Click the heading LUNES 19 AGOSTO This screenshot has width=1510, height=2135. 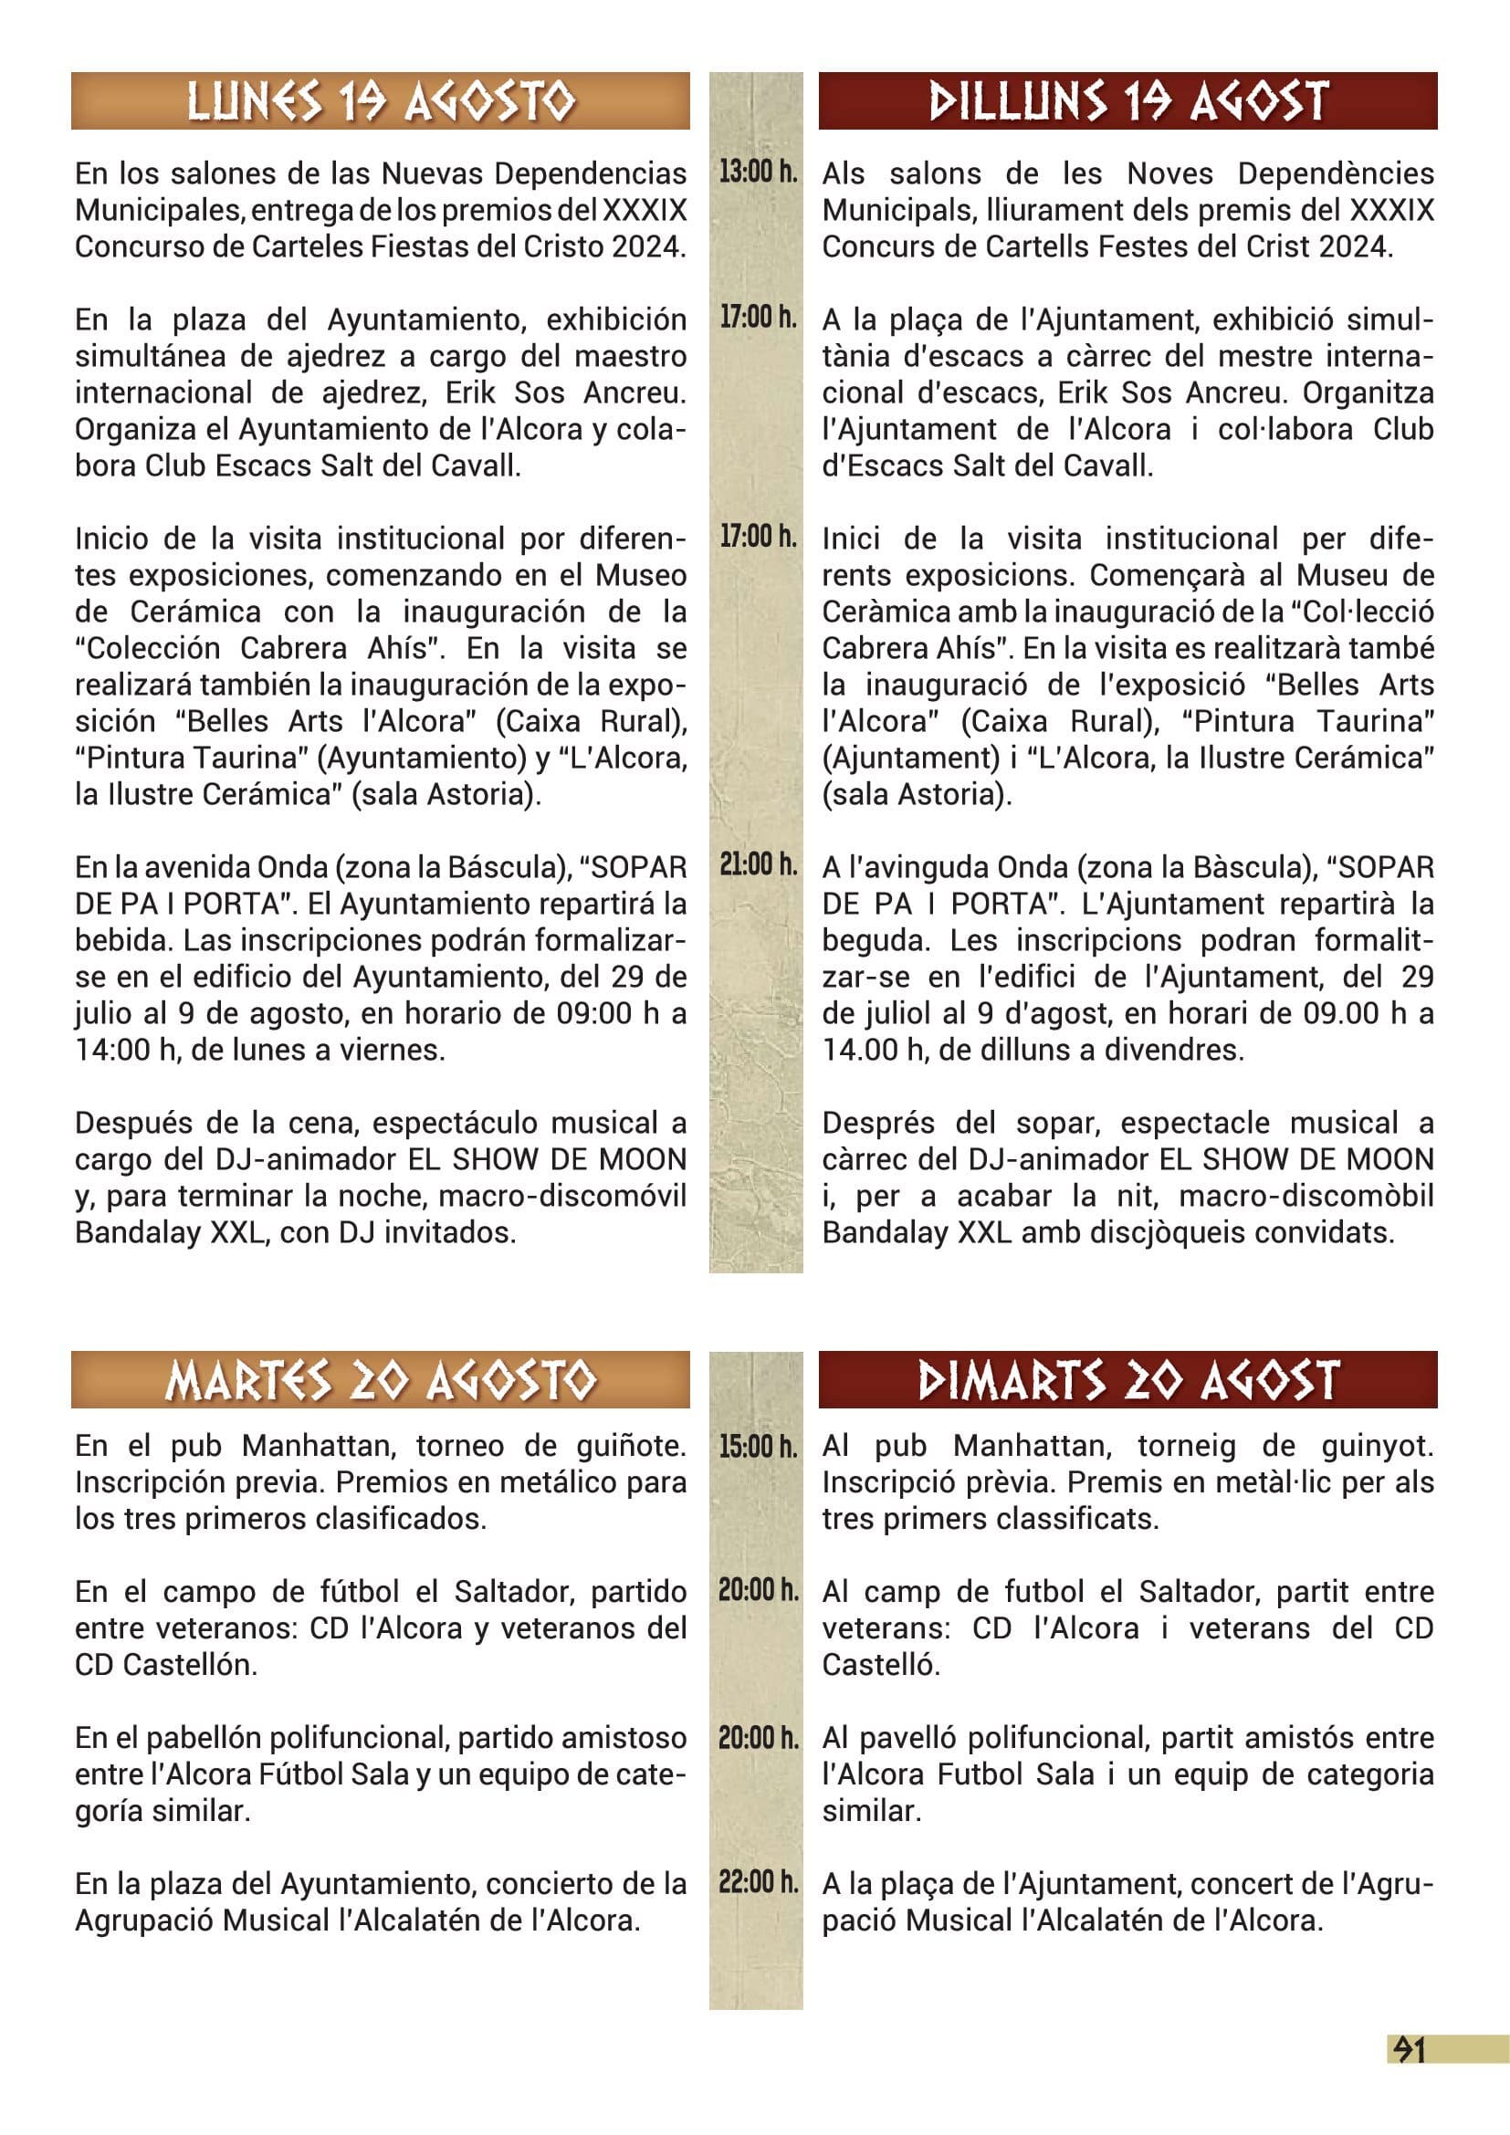coord(381,101)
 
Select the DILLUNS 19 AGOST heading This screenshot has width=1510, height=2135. coord(1127,101)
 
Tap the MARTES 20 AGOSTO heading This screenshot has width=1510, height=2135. coord(381,1380)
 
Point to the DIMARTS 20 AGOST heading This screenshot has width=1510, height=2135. coord(1127,1380)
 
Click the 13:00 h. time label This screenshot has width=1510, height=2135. coord(758,171)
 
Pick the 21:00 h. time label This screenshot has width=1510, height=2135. coord(758,864)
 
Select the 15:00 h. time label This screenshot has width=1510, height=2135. coord(758,1446)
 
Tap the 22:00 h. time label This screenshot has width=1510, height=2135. coord(758,1883)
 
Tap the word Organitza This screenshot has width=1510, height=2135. coord(1368,392)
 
